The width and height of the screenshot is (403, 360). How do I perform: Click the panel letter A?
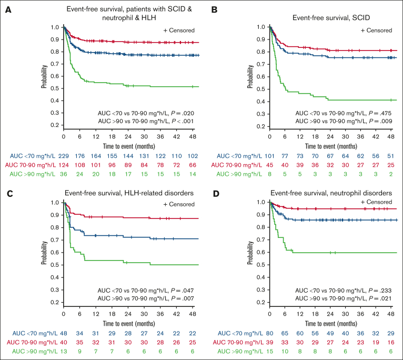8,10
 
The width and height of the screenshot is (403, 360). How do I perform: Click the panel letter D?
216,194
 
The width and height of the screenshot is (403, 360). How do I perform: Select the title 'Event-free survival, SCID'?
331,18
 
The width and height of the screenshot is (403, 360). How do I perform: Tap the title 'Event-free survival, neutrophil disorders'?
331,193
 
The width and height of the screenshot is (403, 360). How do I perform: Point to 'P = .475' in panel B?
380,113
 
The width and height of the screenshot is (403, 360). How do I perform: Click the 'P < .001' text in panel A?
182,121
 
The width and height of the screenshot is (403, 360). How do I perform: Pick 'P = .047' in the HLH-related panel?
182,291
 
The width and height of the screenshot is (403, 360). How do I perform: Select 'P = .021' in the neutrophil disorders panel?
380,298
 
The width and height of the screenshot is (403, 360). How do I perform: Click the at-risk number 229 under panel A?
64,156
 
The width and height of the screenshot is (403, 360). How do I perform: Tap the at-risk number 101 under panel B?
269,156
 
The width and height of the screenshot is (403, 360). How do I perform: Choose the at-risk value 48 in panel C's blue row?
64,333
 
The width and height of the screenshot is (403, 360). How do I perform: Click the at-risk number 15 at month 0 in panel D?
269,351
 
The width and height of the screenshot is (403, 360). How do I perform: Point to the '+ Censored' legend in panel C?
179,204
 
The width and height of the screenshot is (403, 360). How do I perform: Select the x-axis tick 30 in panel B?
346,136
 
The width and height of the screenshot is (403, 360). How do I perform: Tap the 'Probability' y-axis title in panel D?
250,253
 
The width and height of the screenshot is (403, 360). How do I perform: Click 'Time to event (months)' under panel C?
129,324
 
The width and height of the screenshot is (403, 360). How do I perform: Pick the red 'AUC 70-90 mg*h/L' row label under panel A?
30,165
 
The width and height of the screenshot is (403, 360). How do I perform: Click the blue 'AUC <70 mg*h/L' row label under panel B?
239,156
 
